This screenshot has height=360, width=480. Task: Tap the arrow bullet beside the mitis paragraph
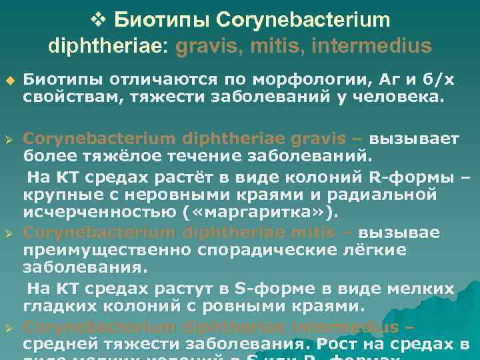pyautogui.click(x=9, y=233)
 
